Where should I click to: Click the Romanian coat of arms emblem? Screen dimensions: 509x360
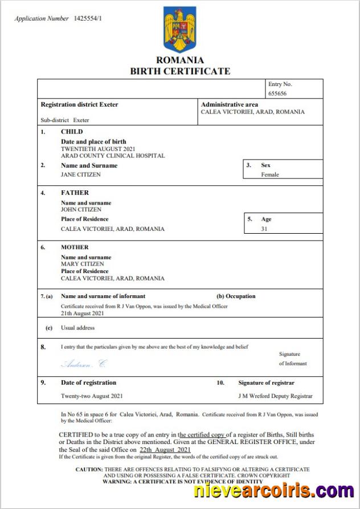point(179,30)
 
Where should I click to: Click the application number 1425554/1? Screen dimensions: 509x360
point(88,19)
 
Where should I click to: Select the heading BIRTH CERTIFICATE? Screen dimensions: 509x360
point(180,71)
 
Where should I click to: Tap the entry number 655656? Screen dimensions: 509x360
point(277,93)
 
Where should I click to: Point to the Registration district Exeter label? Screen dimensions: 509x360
point(79,105)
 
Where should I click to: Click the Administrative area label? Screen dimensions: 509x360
point(229,105)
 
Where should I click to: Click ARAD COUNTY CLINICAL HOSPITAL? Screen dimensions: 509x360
point(113,156)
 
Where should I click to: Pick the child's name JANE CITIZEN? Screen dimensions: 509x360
point(80,174)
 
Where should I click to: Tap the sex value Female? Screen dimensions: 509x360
point(270,174)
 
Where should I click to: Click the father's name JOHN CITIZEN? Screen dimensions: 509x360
point(81,209)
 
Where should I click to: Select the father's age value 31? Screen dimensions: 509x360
point(264,229)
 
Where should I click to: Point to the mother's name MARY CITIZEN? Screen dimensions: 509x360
point(82,264)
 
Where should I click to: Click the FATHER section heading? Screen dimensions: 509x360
point(75,193)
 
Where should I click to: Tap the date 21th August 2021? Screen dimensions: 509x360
point(83,313)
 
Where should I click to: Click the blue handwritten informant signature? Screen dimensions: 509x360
point(83,364)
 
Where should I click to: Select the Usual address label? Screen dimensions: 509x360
point(77,328)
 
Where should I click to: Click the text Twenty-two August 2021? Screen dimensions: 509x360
point(91,396)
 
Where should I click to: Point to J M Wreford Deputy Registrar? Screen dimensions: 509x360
point(275,396)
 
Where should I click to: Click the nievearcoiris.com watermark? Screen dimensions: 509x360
point(273,490)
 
